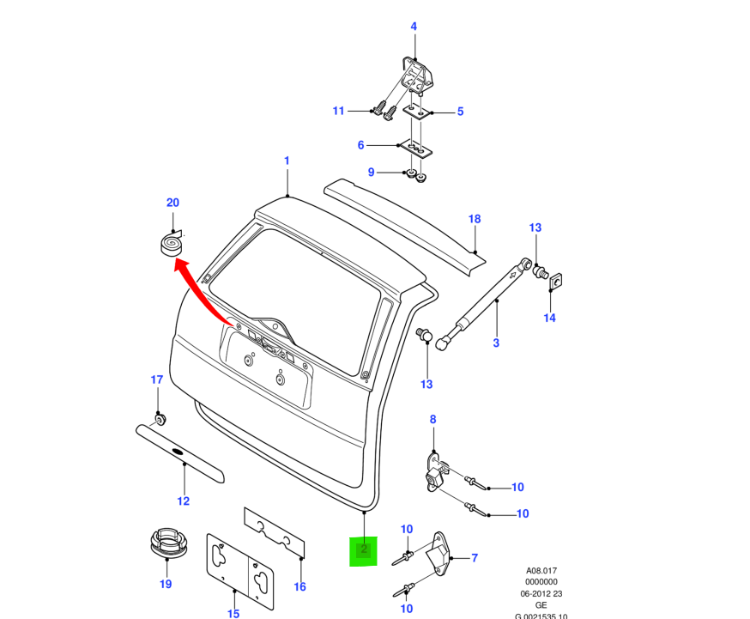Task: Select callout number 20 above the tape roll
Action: coord(172,203)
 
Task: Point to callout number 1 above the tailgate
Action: coord(287,161)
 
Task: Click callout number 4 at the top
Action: coord(414,27)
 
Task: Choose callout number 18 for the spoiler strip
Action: coord(475,219)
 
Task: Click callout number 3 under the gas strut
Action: coord(496,343)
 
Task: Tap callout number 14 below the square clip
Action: coord(549,318)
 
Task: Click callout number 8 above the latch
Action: coord(432,419)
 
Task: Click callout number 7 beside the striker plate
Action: coord(475,558)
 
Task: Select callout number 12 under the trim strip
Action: coord(183,501)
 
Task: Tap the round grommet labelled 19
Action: coord(166,544)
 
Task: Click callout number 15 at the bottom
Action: coord(233,613)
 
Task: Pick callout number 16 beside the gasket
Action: coord(299,587)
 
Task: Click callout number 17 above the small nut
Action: coord(156,379)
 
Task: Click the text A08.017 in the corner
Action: coord(541,570)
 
